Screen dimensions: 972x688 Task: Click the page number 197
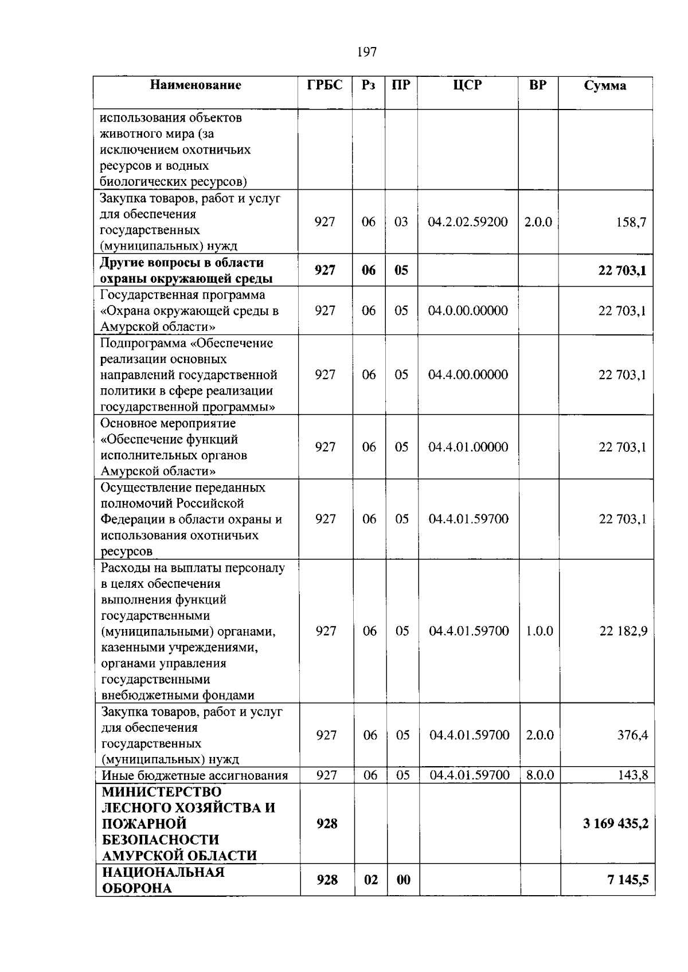[366, 52]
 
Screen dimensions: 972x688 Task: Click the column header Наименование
[196, 85]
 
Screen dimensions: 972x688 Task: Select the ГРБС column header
[325, 85]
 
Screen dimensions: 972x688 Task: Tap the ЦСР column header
[467, 85]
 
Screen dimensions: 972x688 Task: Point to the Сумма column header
[605, 86]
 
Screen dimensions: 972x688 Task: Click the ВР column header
[538, 85]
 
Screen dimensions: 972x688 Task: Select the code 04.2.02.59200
[468, 222]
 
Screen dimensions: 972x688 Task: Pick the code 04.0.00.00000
[468, 311]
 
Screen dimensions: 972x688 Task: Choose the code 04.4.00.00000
[468, 375]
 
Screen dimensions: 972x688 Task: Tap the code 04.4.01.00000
[468, 447]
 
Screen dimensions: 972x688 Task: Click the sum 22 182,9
[623, 631]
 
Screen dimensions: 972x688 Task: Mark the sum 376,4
[632, 735]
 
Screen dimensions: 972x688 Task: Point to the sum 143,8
[633, 776]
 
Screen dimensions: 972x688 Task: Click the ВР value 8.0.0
[540, 776]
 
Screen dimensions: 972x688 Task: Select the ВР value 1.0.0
[539, 631]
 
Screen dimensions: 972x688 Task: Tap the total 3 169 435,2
[616, 824]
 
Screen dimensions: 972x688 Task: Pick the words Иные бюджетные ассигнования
[194, 776]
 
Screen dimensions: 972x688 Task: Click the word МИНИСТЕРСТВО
[162, 792]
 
